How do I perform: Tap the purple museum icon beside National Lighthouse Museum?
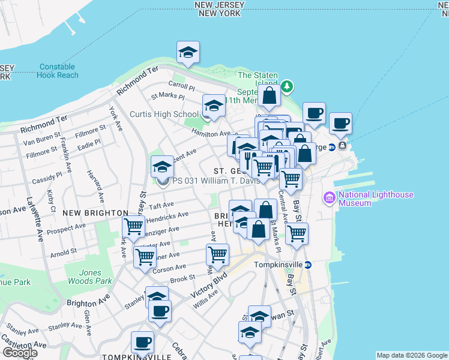tap(329, 197)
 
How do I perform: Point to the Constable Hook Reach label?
tap(58, 71)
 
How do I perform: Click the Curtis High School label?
tap(164, 114)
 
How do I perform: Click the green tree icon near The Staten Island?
tap(288, 86)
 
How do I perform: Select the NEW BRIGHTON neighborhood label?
tap(95, 213)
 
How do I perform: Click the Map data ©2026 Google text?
tap(412, 355)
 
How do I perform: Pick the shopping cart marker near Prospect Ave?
tap(133, 227)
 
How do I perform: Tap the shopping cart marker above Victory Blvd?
tap(217, 254)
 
